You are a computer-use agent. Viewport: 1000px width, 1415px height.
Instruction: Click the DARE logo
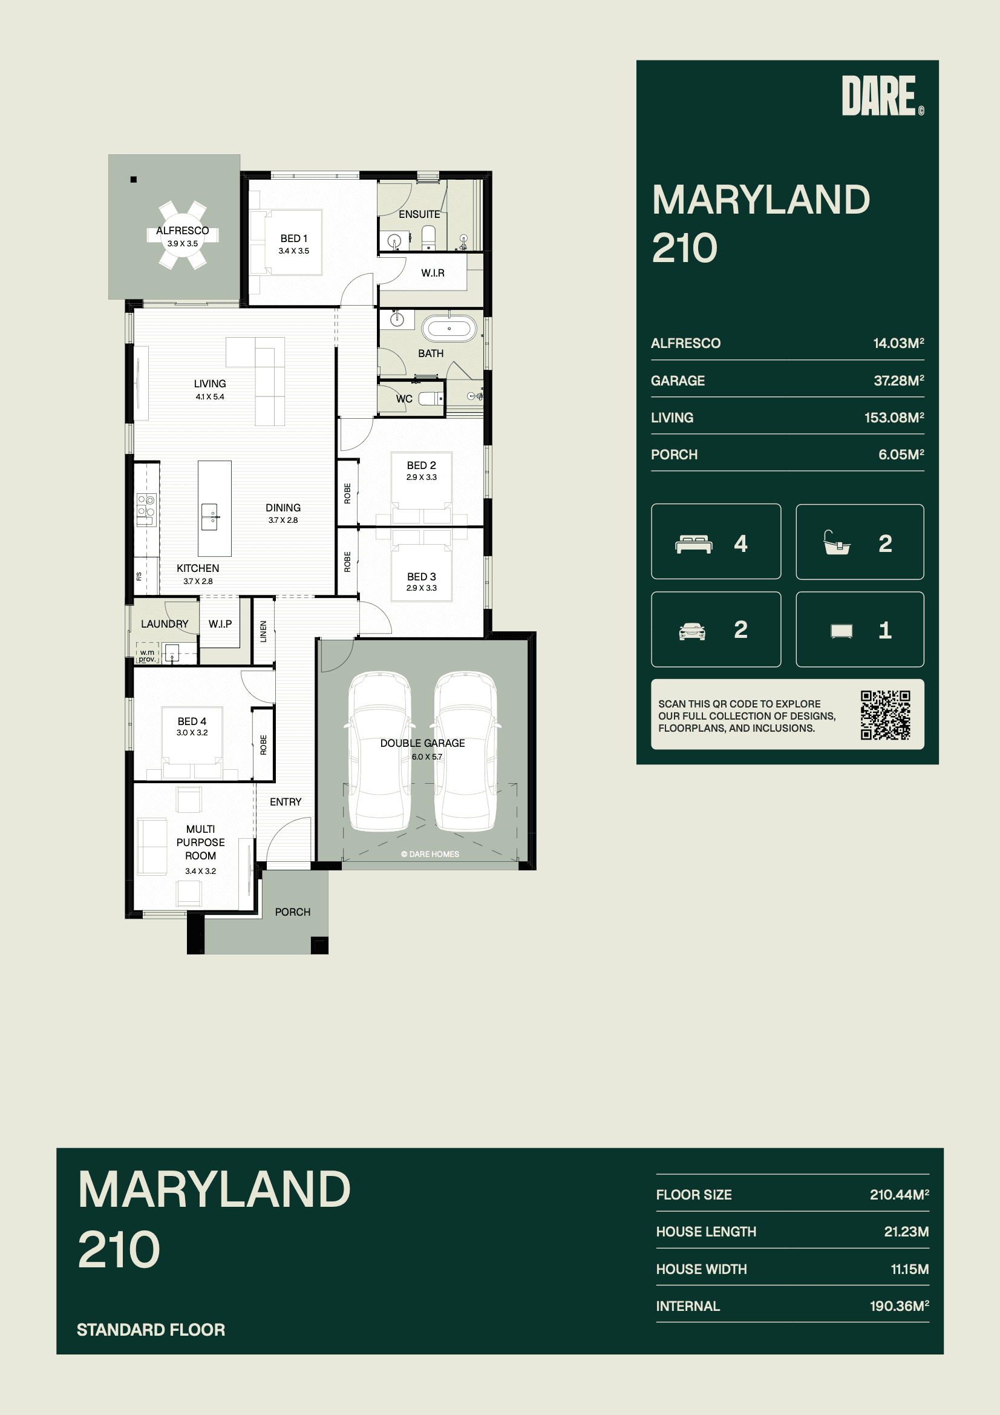882,96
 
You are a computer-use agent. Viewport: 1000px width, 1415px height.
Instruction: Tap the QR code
886,715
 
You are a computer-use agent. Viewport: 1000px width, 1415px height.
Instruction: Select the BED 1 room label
294,238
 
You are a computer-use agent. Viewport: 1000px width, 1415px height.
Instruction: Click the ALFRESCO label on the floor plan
182,231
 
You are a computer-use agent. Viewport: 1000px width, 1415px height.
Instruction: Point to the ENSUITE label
420,214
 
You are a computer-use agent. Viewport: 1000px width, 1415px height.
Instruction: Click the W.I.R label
433,273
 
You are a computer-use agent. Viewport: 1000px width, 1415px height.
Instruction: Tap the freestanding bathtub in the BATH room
449,329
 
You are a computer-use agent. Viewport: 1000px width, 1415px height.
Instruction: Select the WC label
404,399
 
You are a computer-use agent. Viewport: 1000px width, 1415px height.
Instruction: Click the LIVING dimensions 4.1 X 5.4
210,396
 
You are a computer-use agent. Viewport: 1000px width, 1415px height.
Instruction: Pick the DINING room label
284,508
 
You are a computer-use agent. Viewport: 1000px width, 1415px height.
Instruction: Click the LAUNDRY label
165,624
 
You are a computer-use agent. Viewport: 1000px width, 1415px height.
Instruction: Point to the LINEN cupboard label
264,632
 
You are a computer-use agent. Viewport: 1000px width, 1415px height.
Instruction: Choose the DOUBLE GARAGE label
423,743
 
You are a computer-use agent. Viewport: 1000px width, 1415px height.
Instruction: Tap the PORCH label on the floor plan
293,912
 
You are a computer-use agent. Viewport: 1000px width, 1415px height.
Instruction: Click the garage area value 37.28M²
899,380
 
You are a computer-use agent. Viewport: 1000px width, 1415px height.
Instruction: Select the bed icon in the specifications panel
694,544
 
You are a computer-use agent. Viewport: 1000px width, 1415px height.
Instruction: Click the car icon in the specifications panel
692,631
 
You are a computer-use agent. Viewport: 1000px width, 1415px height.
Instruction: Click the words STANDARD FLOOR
151,1330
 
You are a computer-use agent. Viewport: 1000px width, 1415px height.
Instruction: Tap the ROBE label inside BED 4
264,745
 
